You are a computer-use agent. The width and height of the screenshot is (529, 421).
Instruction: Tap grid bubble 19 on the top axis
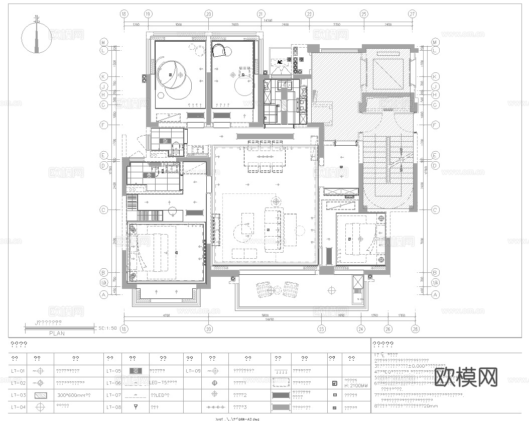tap(148, 15)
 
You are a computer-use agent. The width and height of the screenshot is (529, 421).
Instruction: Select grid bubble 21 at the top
tap(261, 15)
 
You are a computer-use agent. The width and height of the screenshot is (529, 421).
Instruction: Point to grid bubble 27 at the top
tap(412, 15)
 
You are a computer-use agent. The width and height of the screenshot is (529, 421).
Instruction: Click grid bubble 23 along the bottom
tap(321, 329)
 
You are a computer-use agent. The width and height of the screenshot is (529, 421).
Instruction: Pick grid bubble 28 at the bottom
tap(415, 329)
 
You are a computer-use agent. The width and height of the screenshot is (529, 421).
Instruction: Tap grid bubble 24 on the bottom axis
tap(360, 329)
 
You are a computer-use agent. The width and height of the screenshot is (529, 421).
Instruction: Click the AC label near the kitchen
tap(280, 62)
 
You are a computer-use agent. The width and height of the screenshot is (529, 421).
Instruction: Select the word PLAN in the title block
tap(57, 333)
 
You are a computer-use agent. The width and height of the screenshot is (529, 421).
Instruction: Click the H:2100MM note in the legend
tap(356, 386)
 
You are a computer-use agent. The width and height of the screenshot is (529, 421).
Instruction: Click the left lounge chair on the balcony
tap(264, 290)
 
